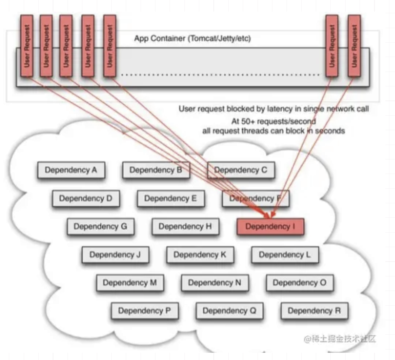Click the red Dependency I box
[270, 227]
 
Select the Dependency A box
[71, 170]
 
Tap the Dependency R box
[314, 311]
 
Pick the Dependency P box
[144, 311]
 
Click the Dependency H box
[185, 227]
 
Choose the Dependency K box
[200, 255]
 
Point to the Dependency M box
[129, 283]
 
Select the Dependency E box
[170, 198]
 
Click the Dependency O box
[299, 283]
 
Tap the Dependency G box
[100, 227]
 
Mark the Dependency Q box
[229, 311]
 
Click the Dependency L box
[284, 255]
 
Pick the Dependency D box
[86, 198]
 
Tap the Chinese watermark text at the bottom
[339, 339]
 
